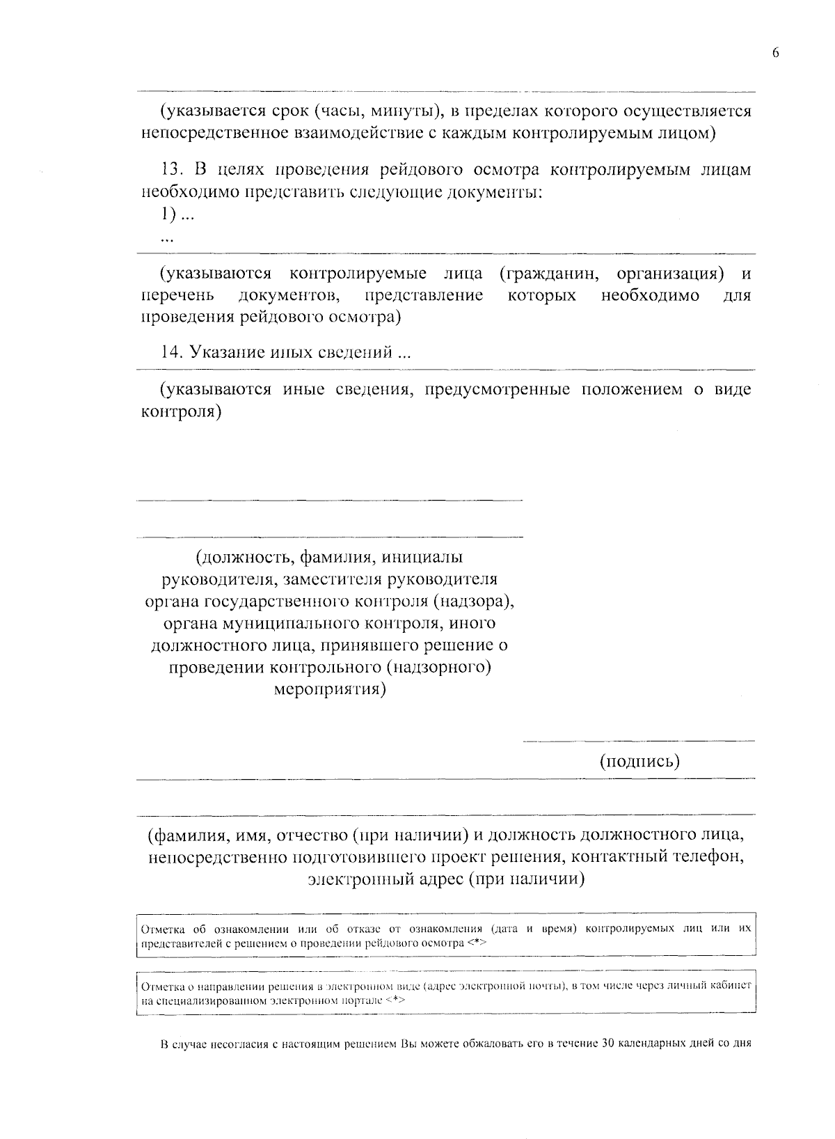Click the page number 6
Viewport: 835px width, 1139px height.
pos(775,53)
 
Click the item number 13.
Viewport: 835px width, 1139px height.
pos(170,171)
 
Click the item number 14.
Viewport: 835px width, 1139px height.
pos(171,352)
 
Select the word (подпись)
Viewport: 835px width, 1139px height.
pos(639,761)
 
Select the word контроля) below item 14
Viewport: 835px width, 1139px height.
pos(182,411)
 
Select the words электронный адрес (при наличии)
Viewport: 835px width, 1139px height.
pos(446,879)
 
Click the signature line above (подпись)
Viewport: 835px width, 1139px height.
pos(638,741)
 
